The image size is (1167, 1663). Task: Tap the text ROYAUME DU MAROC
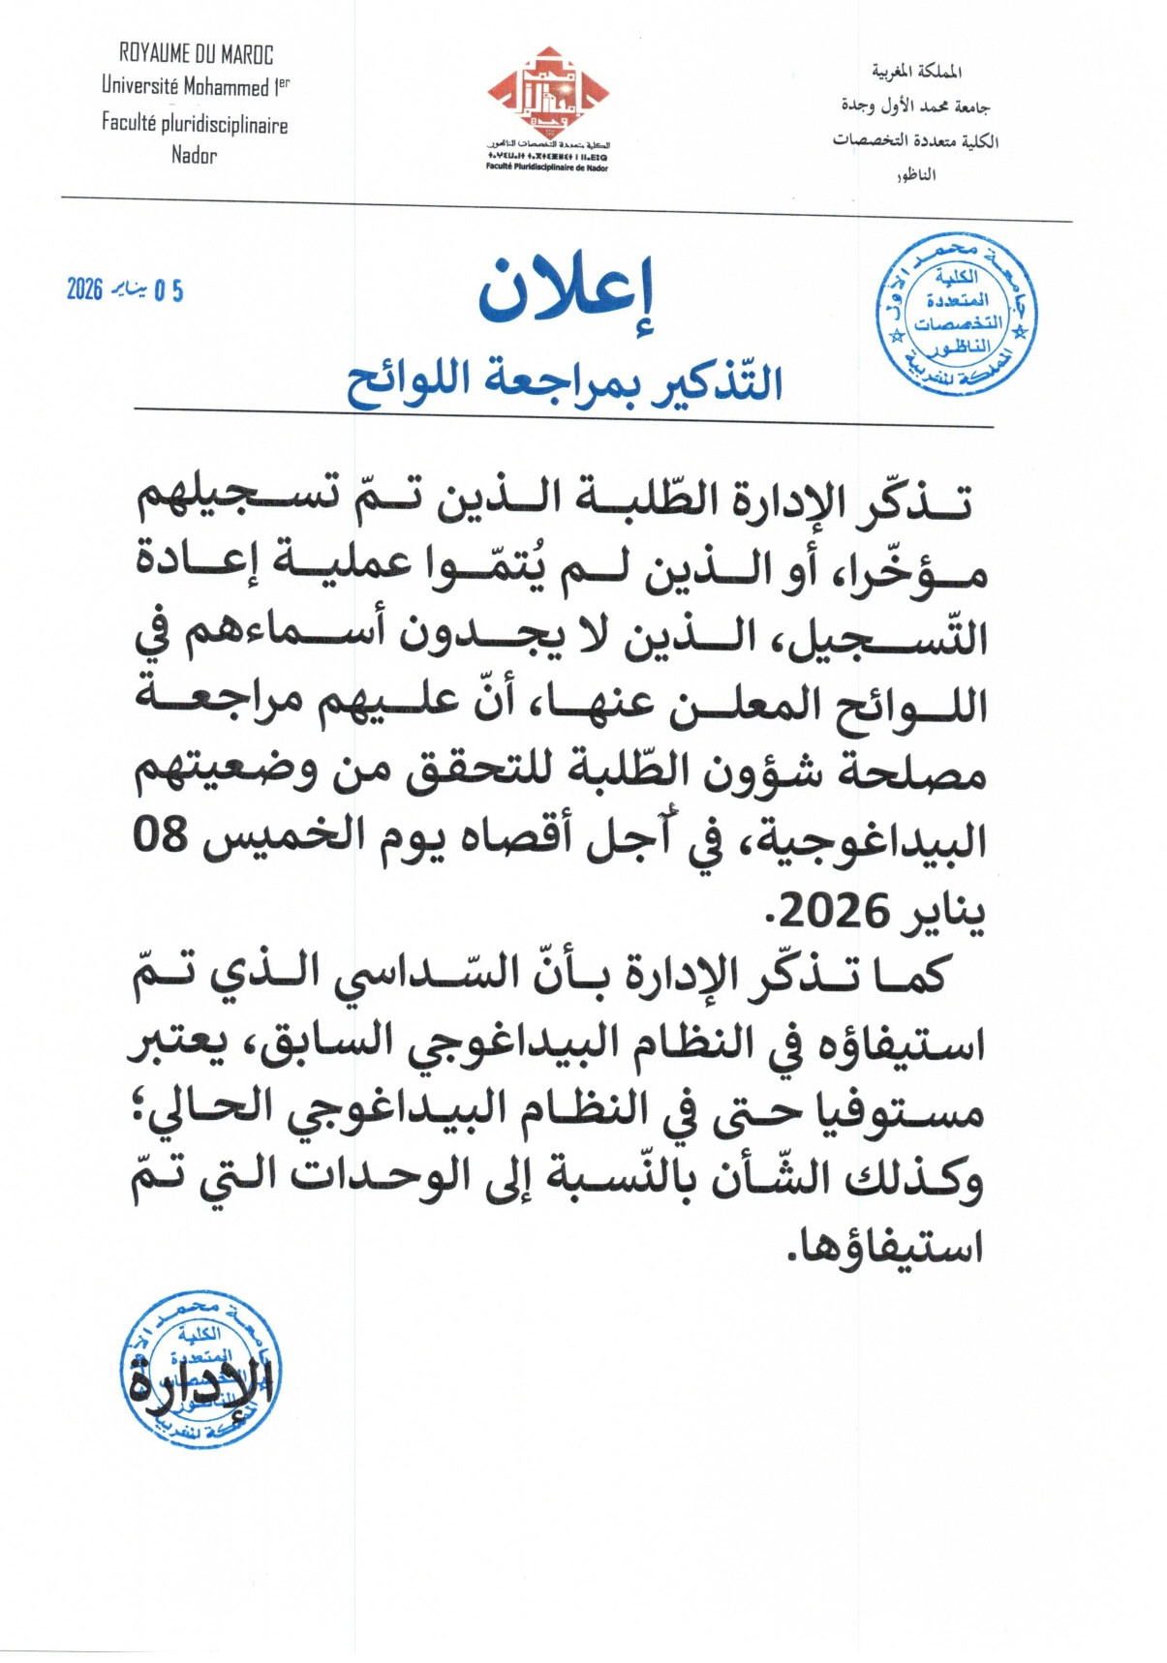[x=196, y=54]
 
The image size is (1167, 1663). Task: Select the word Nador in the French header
[x=195, y=155]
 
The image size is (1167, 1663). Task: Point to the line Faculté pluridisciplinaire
[x=195, y=123]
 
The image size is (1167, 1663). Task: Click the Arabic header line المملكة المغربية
[x=916, y=72]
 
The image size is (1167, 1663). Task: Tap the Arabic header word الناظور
[x=916, y=175]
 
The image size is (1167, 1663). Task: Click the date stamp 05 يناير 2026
[x=125, y=289]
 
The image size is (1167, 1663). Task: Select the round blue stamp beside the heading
[x=956, y=316]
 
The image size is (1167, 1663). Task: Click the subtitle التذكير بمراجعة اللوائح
[x=565, y=380]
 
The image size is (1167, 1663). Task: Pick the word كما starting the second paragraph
[x=908, y=975]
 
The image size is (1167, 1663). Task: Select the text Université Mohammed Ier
[x=196, y=86]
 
